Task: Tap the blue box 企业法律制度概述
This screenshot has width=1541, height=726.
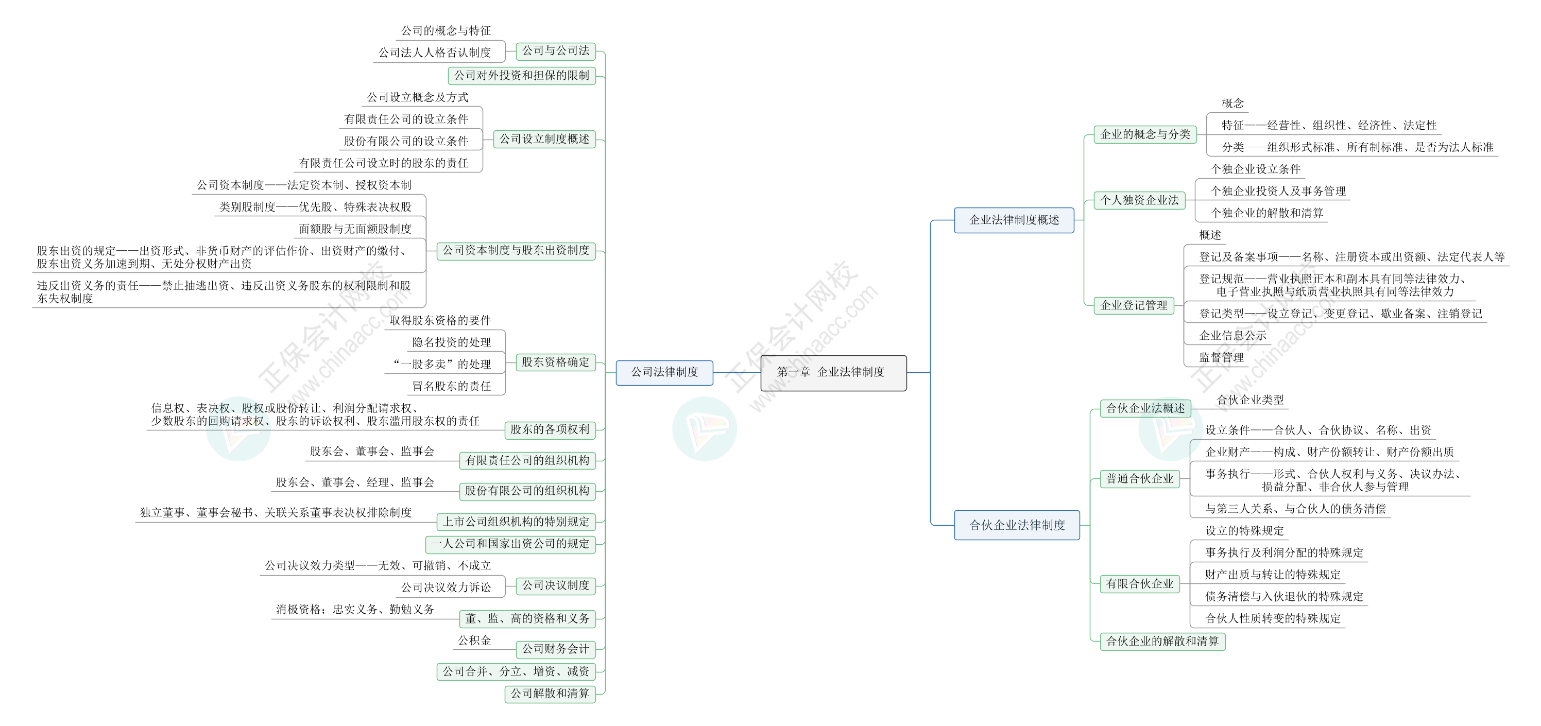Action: click(x=1014, y=220)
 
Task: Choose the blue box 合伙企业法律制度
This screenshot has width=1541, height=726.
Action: click(x=1017, y=525)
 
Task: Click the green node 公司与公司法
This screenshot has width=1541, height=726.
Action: click(x=556, y=51)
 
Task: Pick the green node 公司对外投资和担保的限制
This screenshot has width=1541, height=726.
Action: click(x=522, y=75)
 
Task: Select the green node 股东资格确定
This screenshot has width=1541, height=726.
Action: click(x=556, y=362)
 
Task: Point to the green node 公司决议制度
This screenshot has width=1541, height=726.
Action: click(x=556, y=585)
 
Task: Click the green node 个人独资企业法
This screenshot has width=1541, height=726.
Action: click(x=1140, y=200)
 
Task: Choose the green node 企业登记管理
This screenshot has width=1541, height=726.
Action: click(x=1134, y=306)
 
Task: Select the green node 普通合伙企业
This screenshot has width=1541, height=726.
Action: click(x=1140, y=478)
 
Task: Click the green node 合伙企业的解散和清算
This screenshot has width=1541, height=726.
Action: click(x=1162, y=641)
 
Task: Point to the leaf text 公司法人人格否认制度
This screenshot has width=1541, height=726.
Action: click(x=435, y=53)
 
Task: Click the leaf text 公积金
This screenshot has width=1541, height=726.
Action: click(x=474, y=641)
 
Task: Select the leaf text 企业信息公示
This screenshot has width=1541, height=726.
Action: click(x=1233, y=336)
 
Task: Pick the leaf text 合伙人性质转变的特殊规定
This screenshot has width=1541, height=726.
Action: click(x=1273, y=618)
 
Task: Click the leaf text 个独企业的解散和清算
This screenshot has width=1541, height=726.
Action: click(x=1267, y=213)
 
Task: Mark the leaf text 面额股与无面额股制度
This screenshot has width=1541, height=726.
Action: click(x=355, y=229)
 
